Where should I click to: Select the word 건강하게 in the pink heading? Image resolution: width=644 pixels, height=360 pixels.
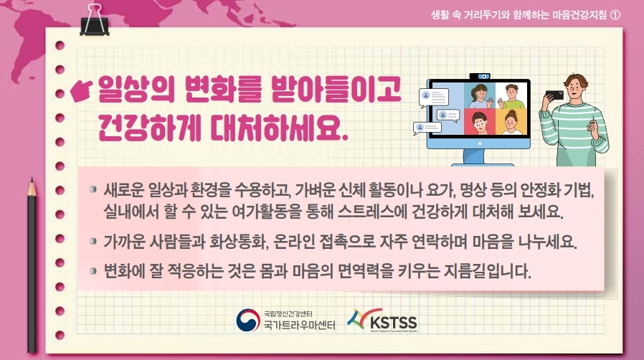pyautogui.click(x=149, y=126)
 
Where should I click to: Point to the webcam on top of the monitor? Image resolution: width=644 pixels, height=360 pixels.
pyautogui.click(x=480, y=76)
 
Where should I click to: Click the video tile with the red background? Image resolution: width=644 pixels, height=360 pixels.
pyautogui.click(x=479, y=122)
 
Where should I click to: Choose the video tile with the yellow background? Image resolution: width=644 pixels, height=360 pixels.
pyautogui.click(x=511, y=122)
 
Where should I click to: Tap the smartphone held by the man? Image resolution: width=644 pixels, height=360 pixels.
pyautogui.click(x=554, y=95)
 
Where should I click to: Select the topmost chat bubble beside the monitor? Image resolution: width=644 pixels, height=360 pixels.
pyautogui.click(x=434, y=98)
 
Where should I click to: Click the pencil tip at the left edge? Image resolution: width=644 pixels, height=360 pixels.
pyautogui.click(x=32, y=181)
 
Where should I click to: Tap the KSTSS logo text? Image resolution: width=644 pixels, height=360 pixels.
pyautogui.click(x=393, y=322)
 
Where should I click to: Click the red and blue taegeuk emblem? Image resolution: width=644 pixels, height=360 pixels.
pyautogui.click(x=248, y=320)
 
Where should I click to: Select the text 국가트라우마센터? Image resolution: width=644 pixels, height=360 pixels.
pyautogui.click(x=300, y=326)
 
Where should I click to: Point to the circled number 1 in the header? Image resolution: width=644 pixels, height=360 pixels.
pyautogui.click(x=615, y=15)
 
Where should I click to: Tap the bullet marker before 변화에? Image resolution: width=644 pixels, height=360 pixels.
pyautogui.click(x=93, y=271)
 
